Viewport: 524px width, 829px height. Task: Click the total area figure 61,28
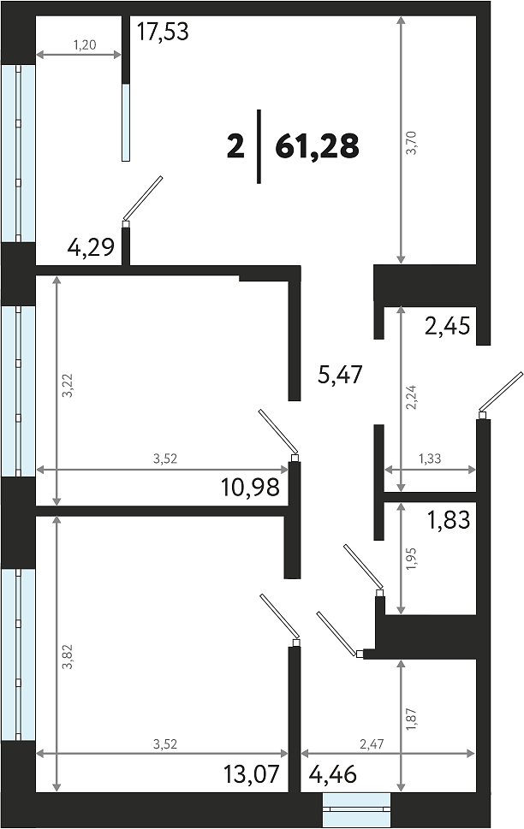317,146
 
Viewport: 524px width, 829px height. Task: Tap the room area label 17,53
163,31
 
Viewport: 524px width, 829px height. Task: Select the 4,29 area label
91,247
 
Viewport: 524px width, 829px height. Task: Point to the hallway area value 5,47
340,375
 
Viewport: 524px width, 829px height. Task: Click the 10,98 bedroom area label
250,488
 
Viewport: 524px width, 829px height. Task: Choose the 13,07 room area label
251,775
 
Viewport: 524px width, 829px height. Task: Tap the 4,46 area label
332,775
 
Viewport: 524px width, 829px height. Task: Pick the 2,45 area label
447,326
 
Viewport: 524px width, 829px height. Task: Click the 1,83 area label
449,520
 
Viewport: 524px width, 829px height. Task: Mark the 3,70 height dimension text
411,142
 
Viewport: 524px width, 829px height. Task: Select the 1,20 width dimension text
85,45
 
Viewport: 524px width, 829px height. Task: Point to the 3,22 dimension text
68,386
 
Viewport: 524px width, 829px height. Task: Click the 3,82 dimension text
68,657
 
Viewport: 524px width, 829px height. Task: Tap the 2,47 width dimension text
372,744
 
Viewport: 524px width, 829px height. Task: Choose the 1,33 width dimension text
430,459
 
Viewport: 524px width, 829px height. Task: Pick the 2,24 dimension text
411,398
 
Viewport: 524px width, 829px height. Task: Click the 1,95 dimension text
411,560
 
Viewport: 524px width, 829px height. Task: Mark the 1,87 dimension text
411,719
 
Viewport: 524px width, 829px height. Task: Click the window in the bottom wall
357,809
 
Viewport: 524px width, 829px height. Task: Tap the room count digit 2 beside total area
235,146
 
